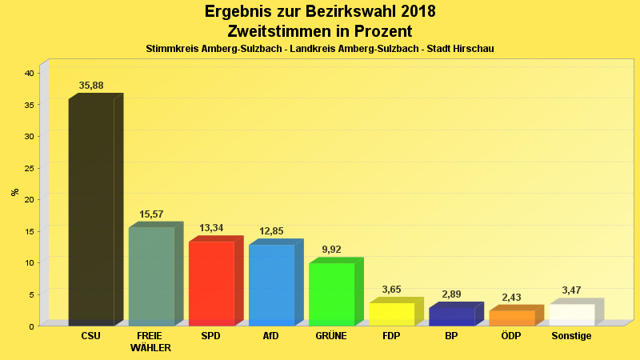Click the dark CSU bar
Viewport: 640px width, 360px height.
tap(91, 212)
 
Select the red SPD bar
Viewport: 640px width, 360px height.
tap(211, 283)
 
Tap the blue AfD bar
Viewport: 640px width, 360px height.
tap(271, 285)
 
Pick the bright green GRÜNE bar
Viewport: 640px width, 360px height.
tap(331, 294)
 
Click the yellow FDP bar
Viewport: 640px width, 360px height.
tap(391, 314)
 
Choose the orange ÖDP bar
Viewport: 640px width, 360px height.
tap(512, 318)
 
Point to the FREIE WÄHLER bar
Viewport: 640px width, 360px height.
tap(151, 276)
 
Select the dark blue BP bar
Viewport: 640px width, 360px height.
tap(451, 316)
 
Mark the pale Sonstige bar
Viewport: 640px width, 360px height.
tap(572, 314)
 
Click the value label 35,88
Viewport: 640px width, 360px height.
tap(91, 86)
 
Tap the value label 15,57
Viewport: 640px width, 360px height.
tap(151, 214)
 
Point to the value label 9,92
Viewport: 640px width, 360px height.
tap(331, 250)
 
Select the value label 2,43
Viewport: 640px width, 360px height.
tap(512, 298)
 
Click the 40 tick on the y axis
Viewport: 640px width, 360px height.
tap(29, 73)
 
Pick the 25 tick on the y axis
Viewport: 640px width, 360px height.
tap(29, 168)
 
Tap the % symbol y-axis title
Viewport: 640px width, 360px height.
tap(14, 192)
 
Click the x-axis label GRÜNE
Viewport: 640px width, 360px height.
tap(331, 336)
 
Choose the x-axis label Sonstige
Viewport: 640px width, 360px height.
tap(572, 336)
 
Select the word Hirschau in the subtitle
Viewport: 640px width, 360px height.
tap(473, 49)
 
